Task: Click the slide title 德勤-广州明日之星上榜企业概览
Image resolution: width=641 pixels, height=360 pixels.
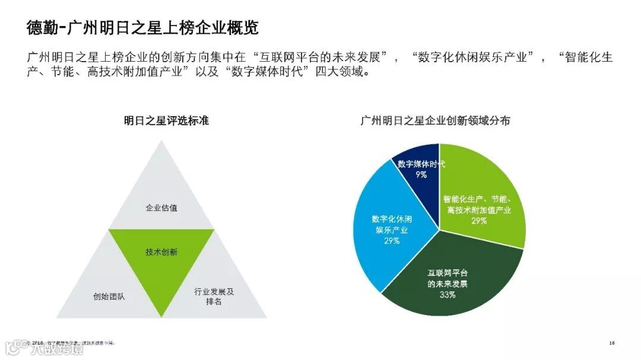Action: (142, 28)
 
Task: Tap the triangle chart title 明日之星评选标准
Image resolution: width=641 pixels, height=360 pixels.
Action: (166, 121)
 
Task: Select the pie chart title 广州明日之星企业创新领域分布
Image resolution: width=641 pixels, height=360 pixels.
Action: (435, 121)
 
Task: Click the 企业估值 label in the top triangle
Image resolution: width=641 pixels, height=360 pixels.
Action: (161, 208)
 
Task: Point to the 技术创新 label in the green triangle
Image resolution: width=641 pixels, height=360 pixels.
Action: (161, 252)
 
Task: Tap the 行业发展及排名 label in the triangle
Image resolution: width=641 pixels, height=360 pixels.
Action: (214, 297)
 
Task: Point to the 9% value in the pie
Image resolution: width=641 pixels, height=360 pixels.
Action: (421, 174)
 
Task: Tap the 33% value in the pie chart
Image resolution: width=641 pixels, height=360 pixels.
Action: (448, 295)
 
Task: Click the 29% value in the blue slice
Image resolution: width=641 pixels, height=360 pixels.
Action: (392, 241)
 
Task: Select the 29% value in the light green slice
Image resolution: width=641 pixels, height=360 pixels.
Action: (479, 221)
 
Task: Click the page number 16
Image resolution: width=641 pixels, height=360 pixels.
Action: (611, 343)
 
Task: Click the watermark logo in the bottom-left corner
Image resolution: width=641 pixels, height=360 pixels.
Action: (45, 348)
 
